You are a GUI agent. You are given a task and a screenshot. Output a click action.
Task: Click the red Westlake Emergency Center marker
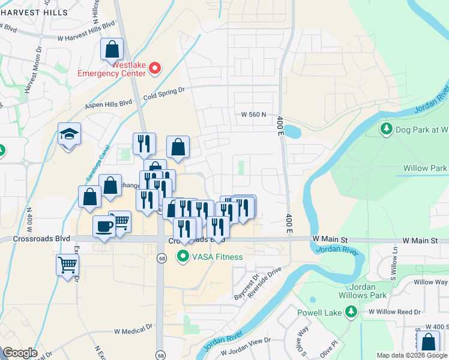click(155, 68)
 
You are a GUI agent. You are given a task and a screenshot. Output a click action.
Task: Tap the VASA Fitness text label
click(218, 257)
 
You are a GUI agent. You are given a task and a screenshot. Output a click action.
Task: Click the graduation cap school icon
click(69, 134)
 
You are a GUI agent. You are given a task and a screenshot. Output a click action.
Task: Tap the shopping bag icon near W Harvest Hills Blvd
click(112, 50)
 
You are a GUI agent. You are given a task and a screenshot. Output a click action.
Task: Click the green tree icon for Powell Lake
click(351, 311)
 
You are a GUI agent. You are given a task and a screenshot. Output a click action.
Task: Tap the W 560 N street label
click(253, 115)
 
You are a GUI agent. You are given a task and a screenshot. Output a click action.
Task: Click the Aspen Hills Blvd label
click(109, 104)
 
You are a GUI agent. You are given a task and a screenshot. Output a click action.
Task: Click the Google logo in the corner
click(20, 352)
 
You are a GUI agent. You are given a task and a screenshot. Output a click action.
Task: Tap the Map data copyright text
click(412, 355)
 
